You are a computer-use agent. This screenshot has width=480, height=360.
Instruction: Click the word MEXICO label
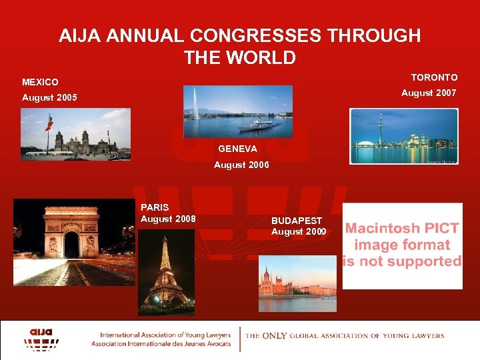click(x=40, y=82)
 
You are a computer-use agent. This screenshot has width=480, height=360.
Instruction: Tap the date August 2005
click(x=49, y=98)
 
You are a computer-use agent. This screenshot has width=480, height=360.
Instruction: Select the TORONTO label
click(x=434, y=77)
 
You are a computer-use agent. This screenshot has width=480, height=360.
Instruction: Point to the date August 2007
click(x=429, y=93)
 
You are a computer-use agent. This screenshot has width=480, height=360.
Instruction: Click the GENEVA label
click(x=237, y=148)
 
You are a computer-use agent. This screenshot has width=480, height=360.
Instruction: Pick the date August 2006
click(x=241, y=165)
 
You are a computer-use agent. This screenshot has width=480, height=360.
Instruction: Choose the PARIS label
click(x=155, y=207)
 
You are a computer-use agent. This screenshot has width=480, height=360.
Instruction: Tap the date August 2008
click(x=168, y=219)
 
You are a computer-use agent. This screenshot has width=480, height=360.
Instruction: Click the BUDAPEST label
click(x=297, y=221)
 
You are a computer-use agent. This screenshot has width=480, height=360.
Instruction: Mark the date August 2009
click(x=299, y=232)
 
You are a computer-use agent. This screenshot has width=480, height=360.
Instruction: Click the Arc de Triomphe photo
click(x=73, y=242)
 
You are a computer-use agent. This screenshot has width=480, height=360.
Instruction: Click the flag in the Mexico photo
click(x=48, y=124)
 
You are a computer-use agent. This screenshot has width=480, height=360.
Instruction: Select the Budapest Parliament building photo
click(x=297, y=283)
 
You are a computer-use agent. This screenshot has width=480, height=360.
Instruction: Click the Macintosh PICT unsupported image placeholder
click(x=402, y=245)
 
